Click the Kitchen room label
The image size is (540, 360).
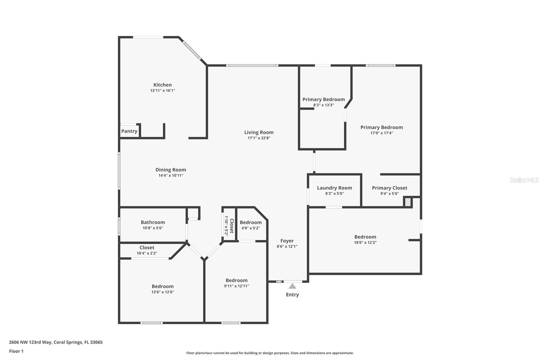[162, 85]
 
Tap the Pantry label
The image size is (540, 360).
[129, 131]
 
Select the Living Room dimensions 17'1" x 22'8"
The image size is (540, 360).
[259, 138]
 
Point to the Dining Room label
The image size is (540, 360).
[170, 170]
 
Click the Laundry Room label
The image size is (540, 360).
[334, 188]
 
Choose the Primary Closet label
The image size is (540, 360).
[389, 188]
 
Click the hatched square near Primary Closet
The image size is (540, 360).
[408, 202]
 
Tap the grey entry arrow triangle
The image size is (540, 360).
[292, 286]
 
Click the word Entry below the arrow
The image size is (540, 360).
[292, 294]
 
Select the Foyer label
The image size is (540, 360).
[287, 241]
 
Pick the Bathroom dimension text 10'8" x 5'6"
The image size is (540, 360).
[153, 228]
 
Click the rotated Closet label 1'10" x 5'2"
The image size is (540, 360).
[229, 226]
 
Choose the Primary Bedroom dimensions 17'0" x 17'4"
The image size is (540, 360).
[381, 133]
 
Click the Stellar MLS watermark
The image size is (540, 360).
[524, 180]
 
